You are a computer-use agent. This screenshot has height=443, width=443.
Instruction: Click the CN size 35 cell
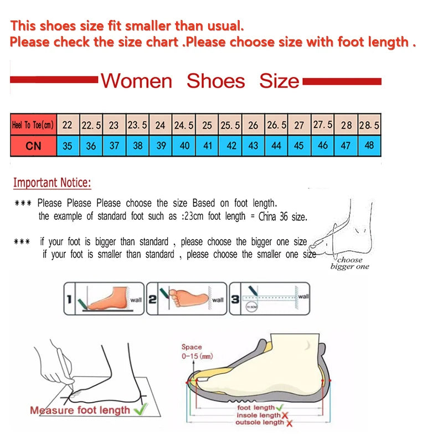click(x=68, y=146)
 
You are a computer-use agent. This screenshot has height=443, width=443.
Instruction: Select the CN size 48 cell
click(x=369, y=146)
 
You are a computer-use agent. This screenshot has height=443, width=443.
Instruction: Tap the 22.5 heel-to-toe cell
click(x=91, y=125)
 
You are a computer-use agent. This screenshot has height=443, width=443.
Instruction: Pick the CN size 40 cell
click(x=184, y=146)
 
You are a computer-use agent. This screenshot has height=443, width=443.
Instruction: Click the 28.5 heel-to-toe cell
click(x=369, y=125)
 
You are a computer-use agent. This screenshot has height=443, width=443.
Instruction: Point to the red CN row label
click(x=33, y=146)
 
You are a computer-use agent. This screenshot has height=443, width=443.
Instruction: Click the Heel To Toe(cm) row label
click(x=33, y=125)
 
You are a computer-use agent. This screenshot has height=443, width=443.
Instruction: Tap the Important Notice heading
click(x=52, y=183)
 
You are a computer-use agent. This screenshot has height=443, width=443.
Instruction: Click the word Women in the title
click(x=136, y=81)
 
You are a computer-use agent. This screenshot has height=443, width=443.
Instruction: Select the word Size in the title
click(x=279, y=81)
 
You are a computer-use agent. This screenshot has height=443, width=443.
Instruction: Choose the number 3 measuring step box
click(x=270, y=298)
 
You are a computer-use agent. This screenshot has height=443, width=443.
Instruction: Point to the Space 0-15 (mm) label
click(x=196, y=352)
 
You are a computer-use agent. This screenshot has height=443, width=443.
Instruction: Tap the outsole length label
click(x=259, y=423)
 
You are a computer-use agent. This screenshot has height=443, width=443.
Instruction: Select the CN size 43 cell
click(x=254, y=146)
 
